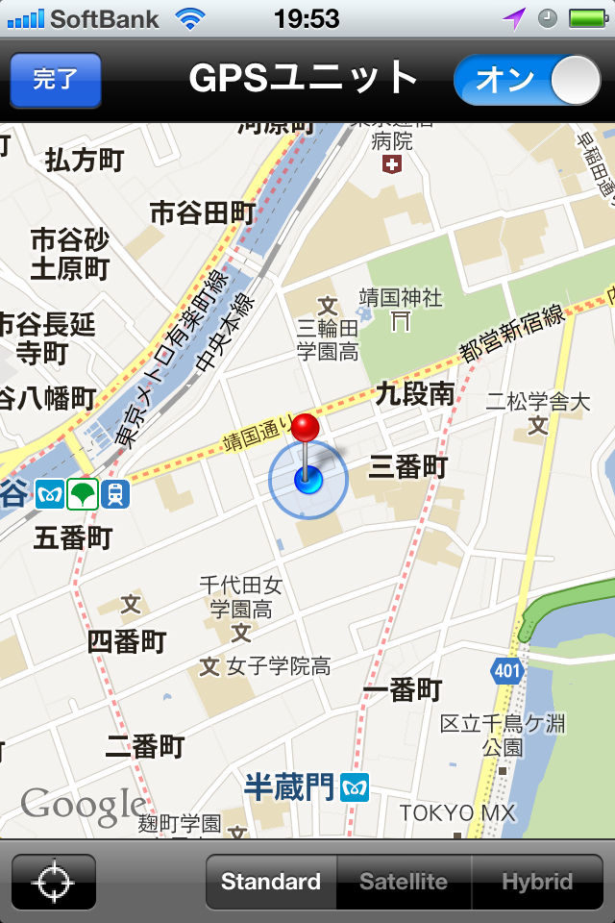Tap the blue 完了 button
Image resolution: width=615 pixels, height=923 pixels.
56,80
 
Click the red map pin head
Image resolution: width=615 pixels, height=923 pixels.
307,429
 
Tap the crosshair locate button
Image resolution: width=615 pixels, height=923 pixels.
54,882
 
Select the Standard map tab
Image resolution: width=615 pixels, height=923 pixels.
271,882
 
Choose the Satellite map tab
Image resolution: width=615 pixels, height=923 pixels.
404,882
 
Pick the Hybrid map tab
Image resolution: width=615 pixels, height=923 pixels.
537,882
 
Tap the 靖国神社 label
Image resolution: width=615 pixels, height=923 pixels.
401,297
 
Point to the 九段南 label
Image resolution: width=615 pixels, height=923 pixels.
415,392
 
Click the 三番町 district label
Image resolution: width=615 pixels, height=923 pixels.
408,467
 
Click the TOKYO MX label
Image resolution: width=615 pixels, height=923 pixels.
457,813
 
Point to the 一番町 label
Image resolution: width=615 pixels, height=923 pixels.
403,689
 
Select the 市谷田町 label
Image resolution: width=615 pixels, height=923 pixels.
203,212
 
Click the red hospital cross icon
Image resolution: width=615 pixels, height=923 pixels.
392,164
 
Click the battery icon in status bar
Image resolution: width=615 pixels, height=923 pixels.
586,18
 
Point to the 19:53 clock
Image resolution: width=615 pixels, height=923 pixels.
307,18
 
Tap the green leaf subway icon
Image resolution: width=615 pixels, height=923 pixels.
83,495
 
